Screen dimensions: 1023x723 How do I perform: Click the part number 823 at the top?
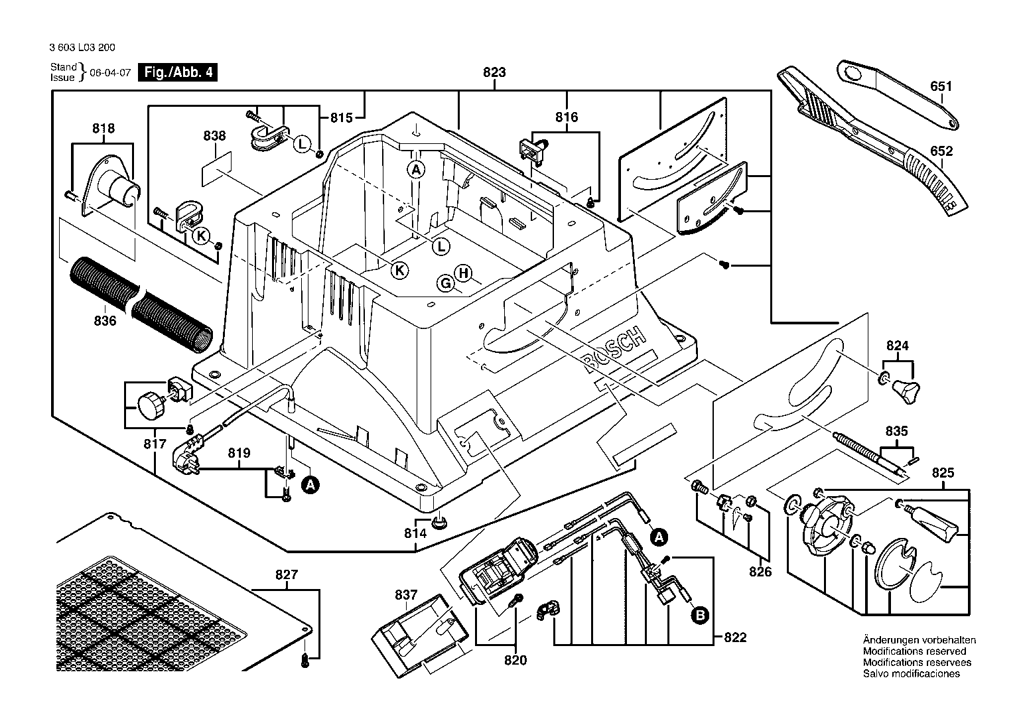click(494, 72)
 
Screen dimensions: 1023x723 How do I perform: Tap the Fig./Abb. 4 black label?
click(178, 72)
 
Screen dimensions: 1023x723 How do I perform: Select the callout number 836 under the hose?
click(105, 321)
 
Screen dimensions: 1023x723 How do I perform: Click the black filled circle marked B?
click(700, 616)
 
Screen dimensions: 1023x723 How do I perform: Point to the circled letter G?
click(445, 283)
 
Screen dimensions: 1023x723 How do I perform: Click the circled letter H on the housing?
click(463, 273)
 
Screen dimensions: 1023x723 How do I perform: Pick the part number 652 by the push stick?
click(941, 151)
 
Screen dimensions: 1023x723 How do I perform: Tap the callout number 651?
click(941, 86)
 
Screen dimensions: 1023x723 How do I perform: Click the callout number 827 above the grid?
click(287, 574)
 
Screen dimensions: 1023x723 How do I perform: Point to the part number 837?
click(406, 595)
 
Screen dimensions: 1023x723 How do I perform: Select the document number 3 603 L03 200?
click(82, 48)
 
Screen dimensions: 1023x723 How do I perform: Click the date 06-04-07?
click(110, 72)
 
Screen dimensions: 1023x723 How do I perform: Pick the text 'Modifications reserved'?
click(914, 651)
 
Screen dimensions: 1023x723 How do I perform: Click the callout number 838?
click(214, 136)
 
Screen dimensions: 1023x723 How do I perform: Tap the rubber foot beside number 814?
click(439, 522)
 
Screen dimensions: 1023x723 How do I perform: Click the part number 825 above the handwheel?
click(943, 473)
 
